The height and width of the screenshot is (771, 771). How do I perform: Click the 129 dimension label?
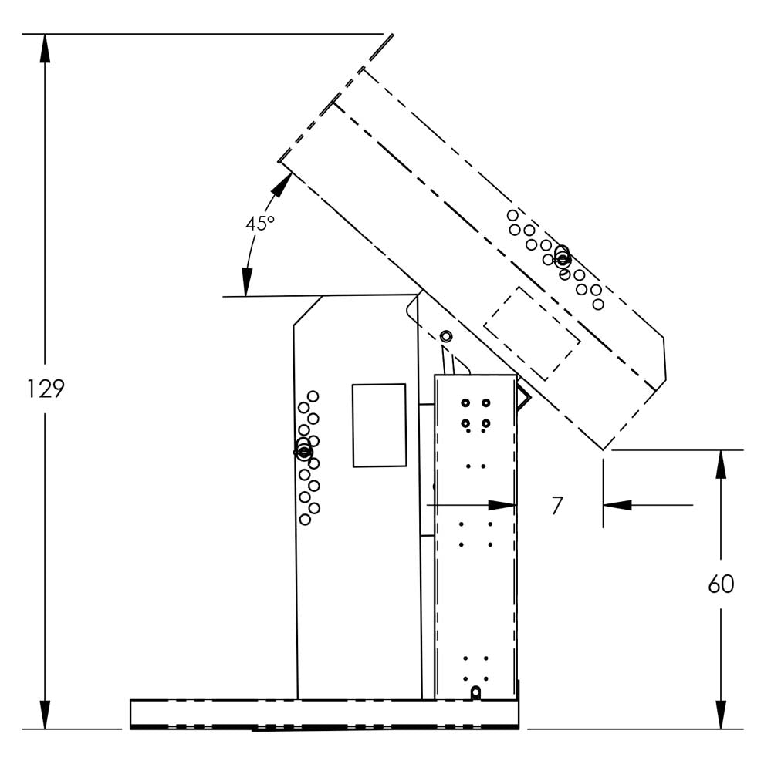click(46, 389)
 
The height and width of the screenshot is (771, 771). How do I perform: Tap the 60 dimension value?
click(721, 584)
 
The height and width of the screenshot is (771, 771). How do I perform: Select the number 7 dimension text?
click(557, 506)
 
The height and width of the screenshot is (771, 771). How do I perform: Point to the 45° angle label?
click(259, 224)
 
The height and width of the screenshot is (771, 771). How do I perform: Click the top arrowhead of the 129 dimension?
click(45, 49)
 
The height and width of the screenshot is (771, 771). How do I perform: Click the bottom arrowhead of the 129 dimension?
click(45, 715)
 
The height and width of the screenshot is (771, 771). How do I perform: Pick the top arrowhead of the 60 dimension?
click(721, 465)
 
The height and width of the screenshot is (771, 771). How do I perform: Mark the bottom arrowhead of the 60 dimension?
click(721, 715)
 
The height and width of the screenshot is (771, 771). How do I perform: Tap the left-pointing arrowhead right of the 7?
click(617, 505)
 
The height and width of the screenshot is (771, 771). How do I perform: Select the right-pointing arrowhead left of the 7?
click(502, 505)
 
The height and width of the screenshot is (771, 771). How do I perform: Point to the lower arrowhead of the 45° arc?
click(247, 281)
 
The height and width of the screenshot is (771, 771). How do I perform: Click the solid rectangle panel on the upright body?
click(379, 426)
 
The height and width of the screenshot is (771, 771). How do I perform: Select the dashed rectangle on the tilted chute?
click(532, 333)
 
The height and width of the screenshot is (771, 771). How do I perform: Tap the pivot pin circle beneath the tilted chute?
click(446, 336)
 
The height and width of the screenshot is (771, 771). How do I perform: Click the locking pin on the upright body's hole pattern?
click(304, 451)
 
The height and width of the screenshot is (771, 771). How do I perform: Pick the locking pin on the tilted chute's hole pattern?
click(563, 258)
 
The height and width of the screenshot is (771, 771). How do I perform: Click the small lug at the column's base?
click(475, 692)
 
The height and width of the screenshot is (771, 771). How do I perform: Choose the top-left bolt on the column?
click(465, 402)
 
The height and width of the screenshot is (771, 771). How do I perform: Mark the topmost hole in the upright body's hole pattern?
click(313, 396)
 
